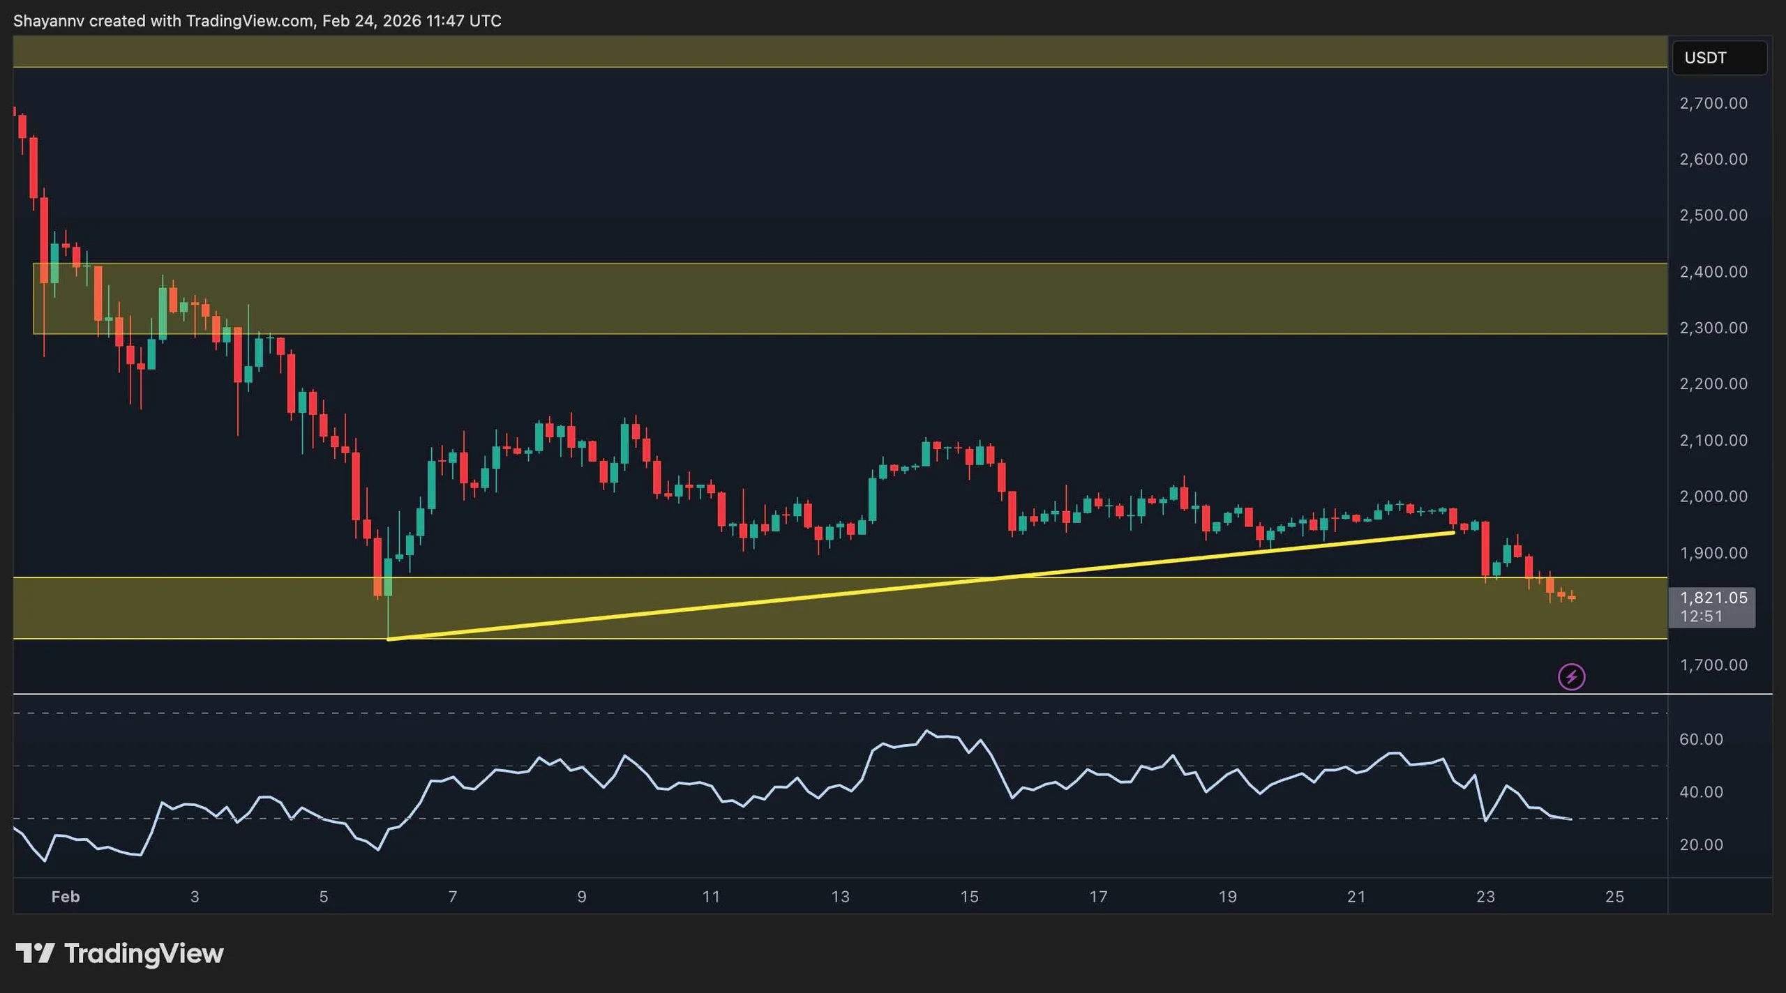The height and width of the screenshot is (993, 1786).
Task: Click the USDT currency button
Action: pyautogui.click(x=1718, y=58)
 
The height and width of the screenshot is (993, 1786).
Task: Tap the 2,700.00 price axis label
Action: pyautogui.click(x=1713, y=103)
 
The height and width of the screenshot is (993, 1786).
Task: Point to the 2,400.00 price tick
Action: pyautogui.click(x=1713, y=271)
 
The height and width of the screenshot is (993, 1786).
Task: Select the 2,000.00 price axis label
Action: pyautogui.click(x=1713, y=496)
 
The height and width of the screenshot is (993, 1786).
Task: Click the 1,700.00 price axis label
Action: pyautogui.click(x=1713, y=665)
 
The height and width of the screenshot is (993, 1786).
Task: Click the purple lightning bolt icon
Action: pyautogui.click(x=1571, y=676)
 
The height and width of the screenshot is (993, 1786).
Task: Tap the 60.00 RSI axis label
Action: pyautogui.click(x=1701, y=739)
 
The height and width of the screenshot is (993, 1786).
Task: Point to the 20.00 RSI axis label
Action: pyautogui.click(x=1701, y=844)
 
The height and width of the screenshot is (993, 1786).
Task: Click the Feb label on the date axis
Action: pyautogui.click(x=66, y=897)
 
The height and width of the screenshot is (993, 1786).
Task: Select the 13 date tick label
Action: pyautogui.click(x=840, y=897)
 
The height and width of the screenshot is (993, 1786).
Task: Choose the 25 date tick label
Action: pyautogui.click(x=1614, y=897)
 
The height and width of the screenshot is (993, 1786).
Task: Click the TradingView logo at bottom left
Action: pyautogui.click(x=120, y=953)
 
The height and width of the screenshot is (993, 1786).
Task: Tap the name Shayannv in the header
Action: pyautogui.click(x=49, y=21)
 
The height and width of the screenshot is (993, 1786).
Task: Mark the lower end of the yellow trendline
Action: pyautogui.click(x=389, y=639)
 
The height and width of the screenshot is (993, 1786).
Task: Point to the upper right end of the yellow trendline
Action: pyautogui.click(x=1453, y=533)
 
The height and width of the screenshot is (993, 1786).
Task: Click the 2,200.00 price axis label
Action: pyautogui.click(x=1713, y=384)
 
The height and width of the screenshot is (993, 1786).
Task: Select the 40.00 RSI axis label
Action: pyautogui.click(x=1701, y=792)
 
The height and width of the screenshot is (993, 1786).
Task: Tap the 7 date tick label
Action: pyautogui.click(x=453, y=897)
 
